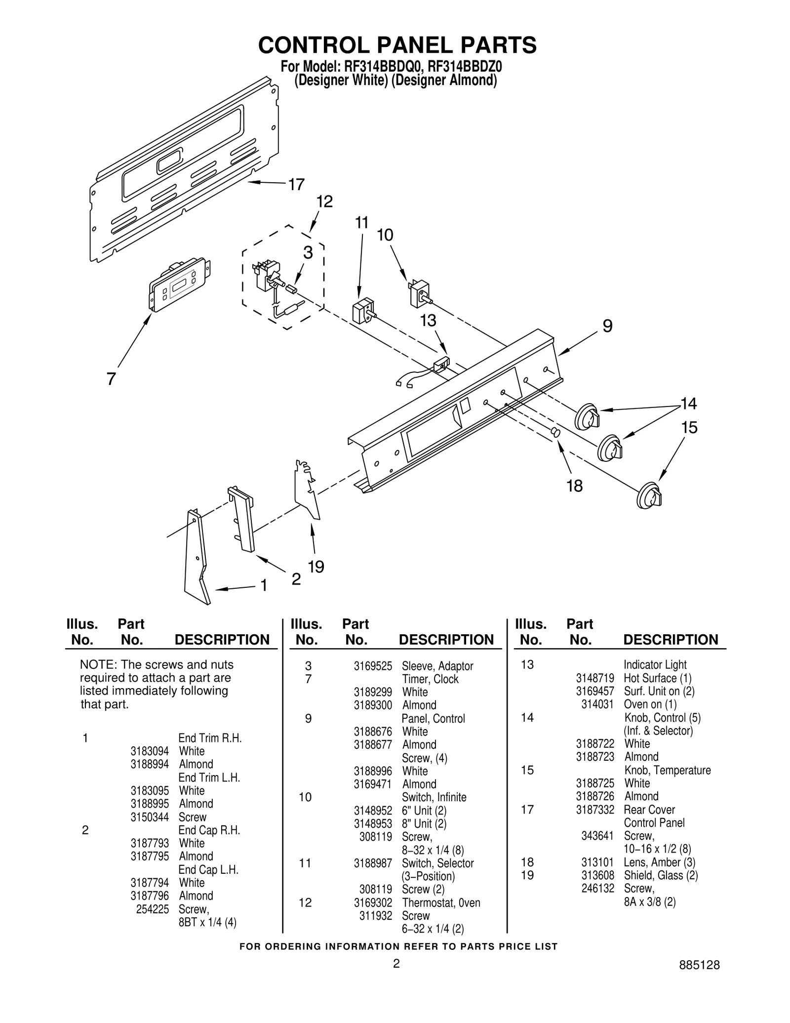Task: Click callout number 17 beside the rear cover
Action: (x=296, y=185)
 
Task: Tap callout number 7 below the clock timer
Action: (x=111, y=379)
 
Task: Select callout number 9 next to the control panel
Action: (x=607, y=326)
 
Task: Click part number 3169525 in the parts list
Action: (x=372, y=666)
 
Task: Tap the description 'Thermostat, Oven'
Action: (x=440, y=902)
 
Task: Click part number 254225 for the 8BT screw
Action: (x=152, y=909)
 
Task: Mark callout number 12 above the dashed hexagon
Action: (x=324, y=202)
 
